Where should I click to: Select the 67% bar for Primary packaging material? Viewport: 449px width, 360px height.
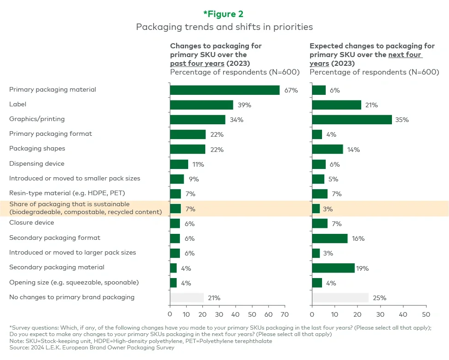click(224, 90)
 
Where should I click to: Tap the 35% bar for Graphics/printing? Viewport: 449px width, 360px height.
click(352, 120)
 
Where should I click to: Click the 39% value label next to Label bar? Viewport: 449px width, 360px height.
click(244, 105)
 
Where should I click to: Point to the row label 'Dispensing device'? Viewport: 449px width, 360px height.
click(37, 163)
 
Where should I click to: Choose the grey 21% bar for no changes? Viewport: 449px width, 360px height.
click(187, 298)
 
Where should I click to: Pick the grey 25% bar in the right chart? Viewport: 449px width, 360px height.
click(340, 298)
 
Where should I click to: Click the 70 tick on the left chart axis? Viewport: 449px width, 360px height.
click(284, 314)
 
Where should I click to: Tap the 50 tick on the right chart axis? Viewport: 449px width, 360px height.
click(426, 314)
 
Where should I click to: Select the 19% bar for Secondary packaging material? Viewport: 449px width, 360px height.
click(334, 268)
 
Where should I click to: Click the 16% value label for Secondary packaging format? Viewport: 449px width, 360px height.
click(358, 238)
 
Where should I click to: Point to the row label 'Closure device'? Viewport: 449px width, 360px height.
click(31, 222)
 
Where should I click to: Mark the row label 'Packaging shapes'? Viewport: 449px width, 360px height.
click(37, 148)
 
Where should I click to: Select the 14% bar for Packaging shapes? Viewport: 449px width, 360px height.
click(328, 149)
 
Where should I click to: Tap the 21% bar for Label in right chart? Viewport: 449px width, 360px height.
click(336, 105)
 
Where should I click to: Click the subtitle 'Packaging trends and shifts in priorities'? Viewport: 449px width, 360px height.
click(224, 27)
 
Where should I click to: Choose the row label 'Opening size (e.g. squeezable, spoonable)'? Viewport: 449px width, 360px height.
click(74, 282)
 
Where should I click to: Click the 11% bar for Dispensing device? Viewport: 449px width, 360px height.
click(179, 164)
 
